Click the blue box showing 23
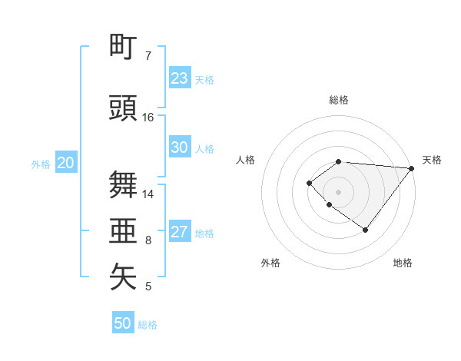(179, 78)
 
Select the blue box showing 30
(179, 147)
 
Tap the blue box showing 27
(179, 232)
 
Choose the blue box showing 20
(66, 163)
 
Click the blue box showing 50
(123, 323)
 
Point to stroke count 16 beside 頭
(148, 118)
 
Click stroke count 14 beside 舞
(148, 194)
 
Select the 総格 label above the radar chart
(339, 100)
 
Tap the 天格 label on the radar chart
(432, 160)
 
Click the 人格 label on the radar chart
(246, 160)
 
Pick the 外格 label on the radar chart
(270, 263)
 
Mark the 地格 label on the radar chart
(403, 263)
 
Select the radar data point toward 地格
(366, 230)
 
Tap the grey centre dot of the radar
(339, 191)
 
